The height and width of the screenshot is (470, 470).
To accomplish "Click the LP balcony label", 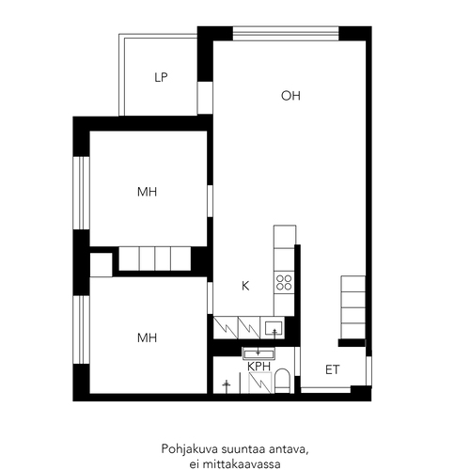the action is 161,77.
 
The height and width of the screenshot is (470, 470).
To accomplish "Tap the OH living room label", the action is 290,96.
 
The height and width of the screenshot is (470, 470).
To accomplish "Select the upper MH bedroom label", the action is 147,192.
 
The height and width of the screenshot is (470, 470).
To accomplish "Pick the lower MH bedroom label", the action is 147,337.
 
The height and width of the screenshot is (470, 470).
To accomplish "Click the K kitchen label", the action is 245,286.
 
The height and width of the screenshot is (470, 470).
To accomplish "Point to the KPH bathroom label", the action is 258,367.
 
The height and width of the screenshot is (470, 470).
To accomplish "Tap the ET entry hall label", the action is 333,369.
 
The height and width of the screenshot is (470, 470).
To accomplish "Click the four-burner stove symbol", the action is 284,282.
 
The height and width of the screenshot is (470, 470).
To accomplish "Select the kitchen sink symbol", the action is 274,328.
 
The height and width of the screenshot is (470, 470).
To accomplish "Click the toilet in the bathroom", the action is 282,381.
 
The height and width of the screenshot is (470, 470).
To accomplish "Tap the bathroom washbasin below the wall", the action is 258,354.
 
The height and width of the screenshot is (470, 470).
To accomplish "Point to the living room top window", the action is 286,34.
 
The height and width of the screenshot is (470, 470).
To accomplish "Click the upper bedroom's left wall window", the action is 82,193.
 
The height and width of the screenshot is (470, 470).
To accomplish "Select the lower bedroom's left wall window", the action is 82,330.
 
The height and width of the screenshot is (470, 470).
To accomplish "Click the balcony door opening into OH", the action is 205,98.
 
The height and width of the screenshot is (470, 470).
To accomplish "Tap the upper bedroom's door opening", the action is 210,201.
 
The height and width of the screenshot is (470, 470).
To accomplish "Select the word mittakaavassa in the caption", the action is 242,464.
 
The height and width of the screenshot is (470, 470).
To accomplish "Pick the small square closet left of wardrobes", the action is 101,265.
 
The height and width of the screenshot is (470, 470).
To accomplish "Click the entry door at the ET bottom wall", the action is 325,390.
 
